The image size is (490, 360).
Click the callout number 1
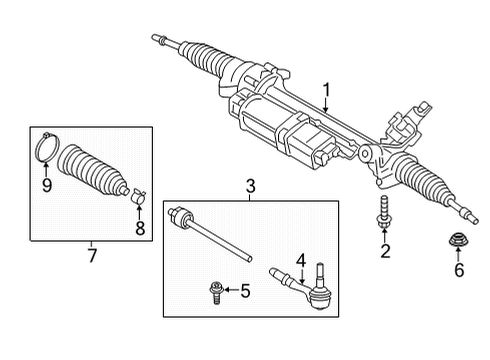(x=327, y=90)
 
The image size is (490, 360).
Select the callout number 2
(x=385, y=251)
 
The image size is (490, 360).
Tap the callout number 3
(x=251, y=186)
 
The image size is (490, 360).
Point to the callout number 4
(x=301, y=261)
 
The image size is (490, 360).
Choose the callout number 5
(x=245, y=291)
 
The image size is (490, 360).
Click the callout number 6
(x=459, y=269)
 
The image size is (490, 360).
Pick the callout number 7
(x=92, y=255)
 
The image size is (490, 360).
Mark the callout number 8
(x=140, y=228)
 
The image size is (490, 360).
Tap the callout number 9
(x=47, y=185)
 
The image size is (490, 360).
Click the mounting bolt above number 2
(x=384, y=213)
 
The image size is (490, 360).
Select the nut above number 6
(x=457, y=241)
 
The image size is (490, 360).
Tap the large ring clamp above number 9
(x=47, y=148)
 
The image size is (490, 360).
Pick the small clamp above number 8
(x=138, y=196)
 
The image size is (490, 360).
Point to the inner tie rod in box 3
(x=209, y=234)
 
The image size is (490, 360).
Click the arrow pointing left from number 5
(x=231, y=290)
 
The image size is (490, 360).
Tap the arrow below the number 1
(x=326, y=105)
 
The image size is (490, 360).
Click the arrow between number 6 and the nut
(x=458, y=255)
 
